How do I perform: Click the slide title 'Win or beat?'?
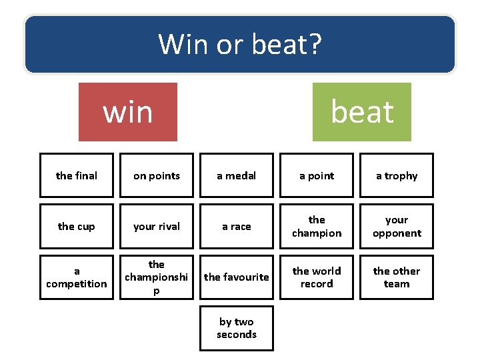coord(239,45)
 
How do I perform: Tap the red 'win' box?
coord(128,112)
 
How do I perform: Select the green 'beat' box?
coord(362,112)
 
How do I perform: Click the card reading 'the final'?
coord(77,175)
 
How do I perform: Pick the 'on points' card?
coord(157,175)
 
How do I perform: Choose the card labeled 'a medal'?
coord(237,175)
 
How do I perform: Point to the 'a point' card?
coord(317,175)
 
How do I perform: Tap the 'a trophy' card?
coord(397,175)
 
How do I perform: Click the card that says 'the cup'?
coord(77,227)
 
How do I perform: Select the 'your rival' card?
coord(157,227)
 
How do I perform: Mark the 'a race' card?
coord(237,227)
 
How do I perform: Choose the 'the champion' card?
coord(317,227)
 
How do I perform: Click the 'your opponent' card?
coord(397,227)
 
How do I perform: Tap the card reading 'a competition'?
coord(77,277)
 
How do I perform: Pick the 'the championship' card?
coord(157,277)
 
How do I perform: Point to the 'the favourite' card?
coord(237,277)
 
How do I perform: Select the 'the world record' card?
coord(317,277)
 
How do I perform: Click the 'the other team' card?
coord(397,277)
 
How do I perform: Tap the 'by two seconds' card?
coord(237,328)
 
